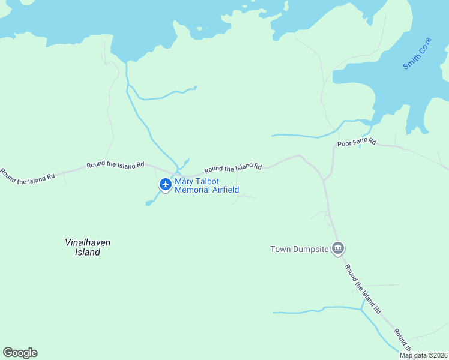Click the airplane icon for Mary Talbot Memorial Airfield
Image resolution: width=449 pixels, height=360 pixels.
coord(166,185)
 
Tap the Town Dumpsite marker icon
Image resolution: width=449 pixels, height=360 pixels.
coord(338,248)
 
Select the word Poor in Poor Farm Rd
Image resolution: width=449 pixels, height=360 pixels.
coord(345,143)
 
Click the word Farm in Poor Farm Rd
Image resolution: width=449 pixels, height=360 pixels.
coord(360,142)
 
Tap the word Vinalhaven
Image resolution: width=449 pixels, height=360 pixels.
coord(88,242)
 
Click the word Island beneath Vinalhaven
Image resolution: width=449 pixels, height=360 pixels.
coord(88,253)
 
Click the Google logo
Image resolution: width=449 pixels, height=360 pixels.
coord(20,353)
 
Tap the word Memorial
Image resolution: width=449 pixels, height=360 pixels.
coord(193,190)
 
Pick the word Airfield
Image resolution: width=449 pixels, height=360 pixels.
coord(226,190)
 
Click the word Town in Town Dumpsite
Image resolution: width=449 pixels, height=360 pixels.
coord(280,249)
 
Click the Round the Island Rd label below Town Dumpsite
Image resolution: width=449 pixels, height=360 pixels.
coord(363,289)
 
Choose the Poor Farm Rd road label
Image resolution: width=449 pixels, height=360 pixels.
coord(357,143)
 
